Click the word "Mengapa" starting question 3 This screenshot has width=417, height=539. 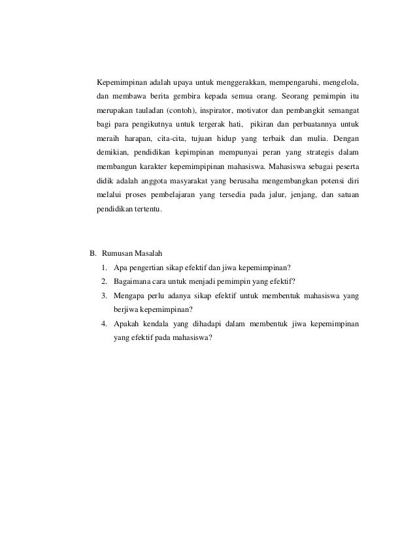pos(128,296)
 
